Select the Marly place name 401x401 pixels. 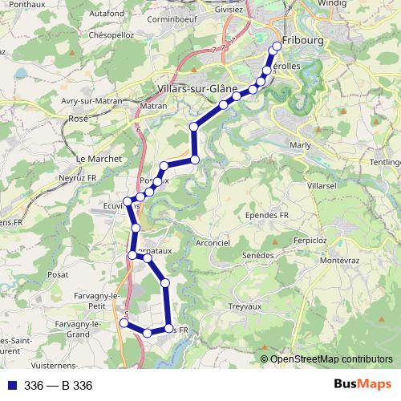[299, 144]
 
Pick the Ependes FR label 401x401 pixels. [267, 215]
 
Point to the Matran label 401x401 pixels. [153, 105]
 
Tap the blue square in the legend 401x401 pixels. [11, 385]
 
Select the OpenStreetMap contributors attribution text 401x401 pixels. [326, 358]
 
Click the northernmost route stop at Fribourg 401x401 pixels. [277, 46]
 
